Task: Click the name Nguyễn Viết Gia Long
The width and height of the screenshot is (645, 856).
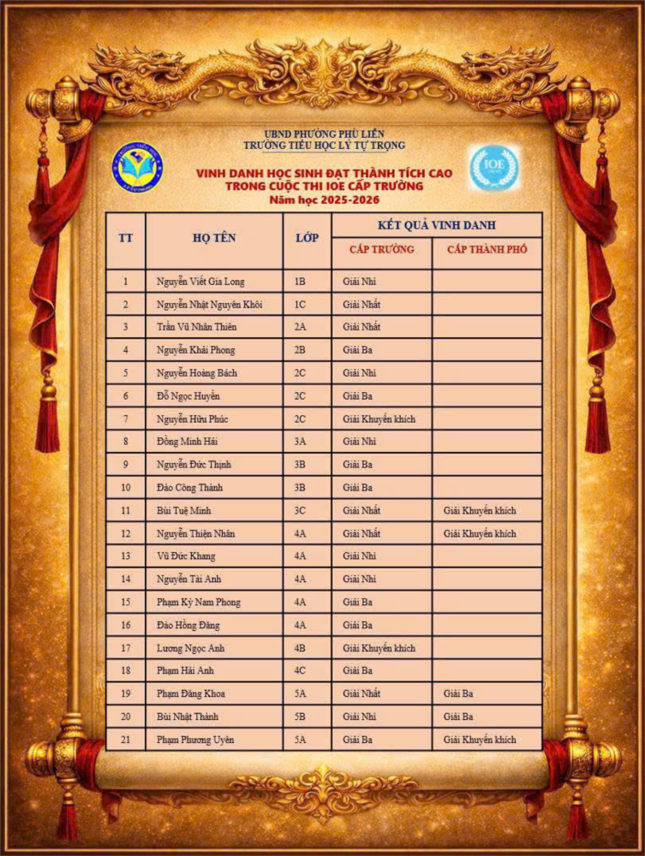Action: click(x=200, y=281)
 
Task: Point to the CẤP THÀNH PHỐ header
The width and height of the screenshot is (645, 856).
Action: click(x=487, y=250)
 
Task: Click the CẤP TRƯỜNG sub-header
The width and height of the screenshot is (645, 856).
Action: click(x=381, y=250)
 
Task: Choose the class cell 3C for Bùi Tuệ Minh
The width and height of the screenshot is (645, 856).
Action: click(x=300, y=510)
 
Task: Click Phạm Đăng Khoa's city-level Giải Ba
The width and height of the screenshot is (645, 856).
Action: click(x=458, y=693)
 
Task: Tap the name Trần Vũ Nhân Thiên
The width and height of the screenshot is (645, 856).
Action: click(x=196, y=327)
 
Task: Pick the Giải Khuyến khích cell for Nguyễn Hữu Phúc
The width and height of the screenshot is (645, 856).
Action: click(x=379, y=419)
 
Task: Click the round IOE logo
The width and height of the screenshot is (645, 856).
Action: click(x=493, y=167)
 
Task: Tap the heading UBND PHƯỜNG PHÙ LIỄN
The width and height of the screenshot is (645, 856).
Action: click(x=323, y=134)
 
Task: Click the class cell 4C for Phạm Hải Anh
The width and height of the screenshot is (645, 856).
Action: click(x=300, y=670)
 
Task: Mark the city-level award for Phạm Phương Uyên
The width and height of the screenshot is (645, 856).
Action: click(x=480, y=740)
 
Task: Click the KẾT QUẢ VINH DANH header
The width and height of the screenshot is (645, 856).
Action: click(x=436, y=225)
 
